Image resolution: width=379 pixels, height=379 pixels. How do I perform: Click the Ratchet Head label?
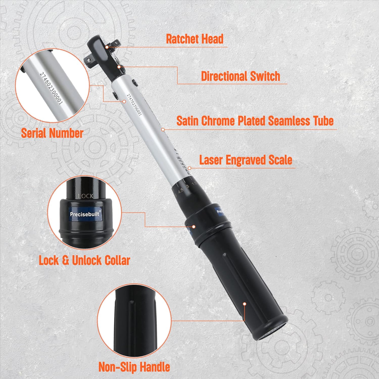point(195,39)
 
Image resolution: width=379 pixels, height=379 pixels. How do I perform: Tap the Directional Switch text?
point(240,76)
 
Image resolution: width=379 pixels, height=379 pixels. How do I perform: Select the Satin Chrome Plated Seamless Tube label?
point(255,121)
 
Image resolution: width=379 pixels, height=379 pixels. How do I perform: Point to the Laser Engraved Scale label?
point(246,160)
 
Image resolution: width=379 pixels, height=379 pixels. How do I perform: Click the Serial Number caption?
point(52,133)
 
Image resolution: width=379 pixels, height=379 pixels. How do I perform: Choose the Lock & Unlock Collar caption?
point(84,260)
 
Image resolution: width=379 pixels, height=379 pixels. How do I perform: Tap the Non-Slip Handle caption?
point(134,367)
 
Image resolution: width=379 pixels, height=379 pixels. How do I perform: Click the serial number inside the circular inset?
point(51,88)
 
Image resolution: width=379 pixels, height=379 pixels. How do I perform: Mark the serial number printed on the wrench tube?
point(134,105)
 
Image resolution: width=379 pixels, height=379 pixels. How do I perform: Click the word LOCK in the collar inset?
point(86,196)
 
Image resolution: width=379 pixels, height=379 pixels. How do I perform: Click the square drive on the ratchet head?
point(89,60)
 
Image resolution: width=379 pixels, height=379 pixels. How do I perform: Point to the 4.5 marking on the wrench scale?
point(180,191)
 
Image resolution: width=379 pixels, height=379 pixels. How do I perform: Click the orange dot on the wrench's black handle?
point(244,304)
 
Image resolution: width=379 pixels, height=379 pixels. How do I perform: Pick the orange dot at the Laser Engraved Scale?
point(189,168)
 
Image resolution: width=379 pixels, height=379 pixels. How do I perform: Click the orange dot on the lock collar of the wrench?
point(194,227)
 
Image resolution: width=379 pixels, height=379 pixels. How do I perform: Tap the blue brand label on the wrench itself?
point(220,211)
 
